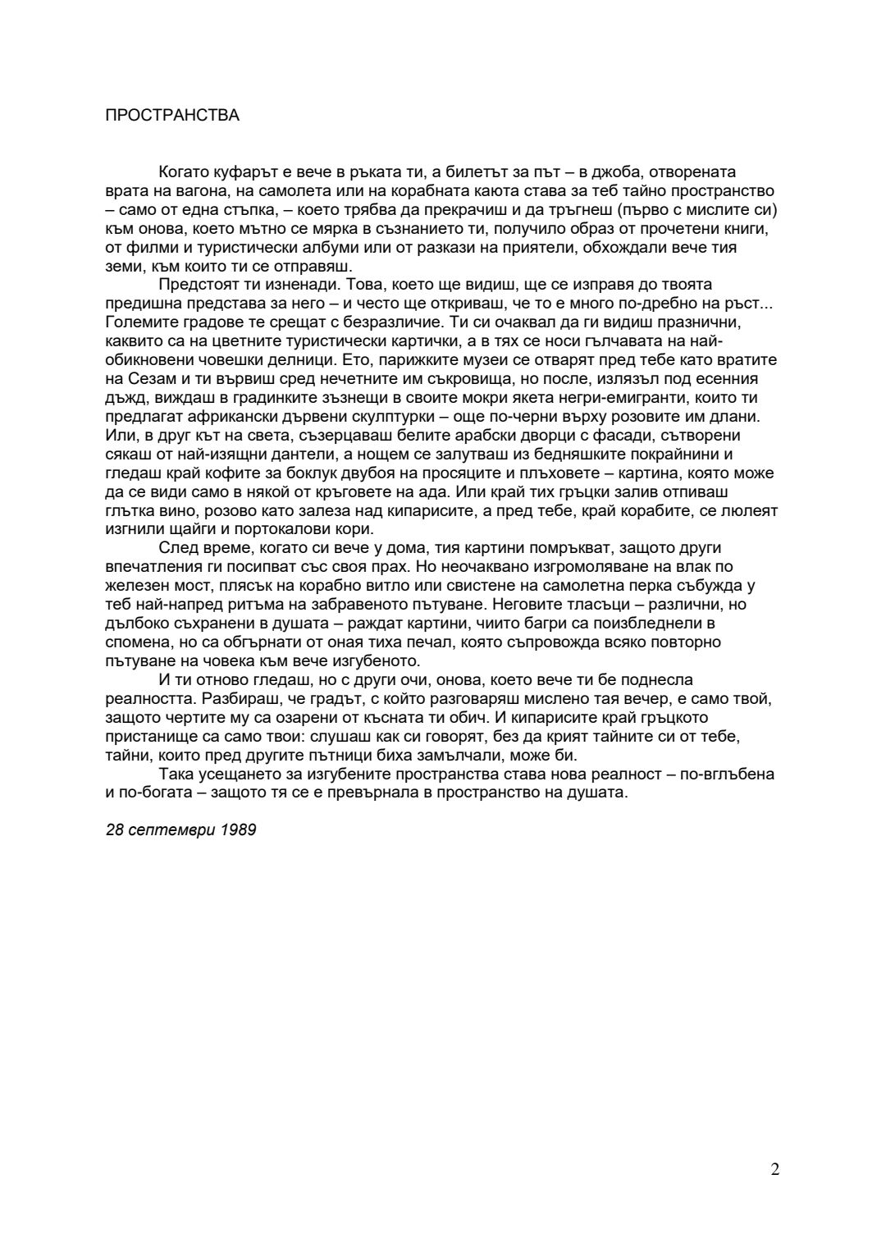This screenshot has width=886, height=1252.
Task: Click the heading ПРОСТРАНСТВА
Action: pyautogui.click(x=172, y=116)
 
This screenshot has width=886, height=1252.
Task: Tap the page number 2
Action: pyautogui.click(x=775, y=1169)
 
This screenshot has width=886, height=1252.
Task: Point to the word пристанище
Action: pyautogui.click(x=147, y=736)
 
